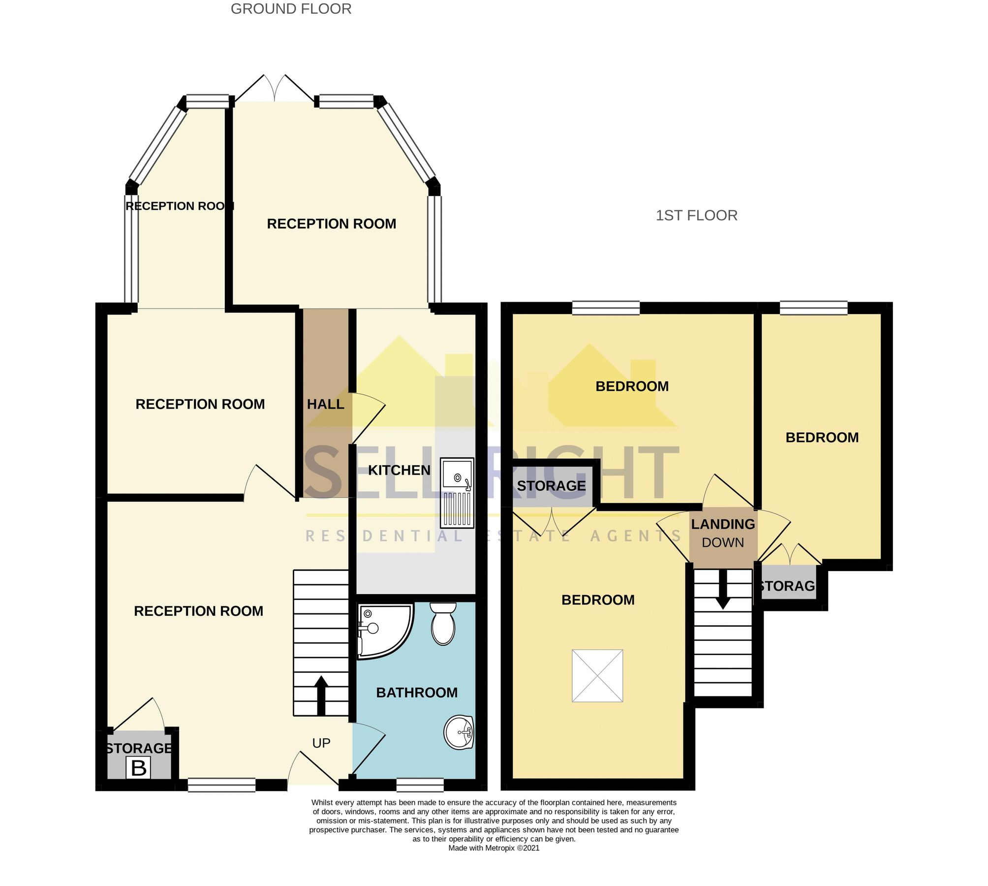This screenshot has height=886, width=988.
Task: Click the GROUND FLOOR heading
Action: tap(291, 9)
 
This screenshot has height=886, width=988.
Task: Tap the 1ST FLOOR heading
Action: tap(696, 215)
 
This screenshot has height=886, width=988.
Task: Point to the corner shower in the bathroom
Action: tap(381, 630)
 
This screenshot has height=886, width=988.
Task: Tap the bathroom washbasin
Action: tap(459, 732)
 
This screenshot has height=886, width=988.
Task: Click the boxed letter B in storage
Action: tap(138, 768)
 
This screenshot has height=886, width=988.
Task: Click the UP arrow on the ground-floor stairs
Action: tap(321, 695)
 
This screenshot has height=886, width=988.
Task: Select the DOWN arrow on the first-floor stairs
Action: tap(722, 589)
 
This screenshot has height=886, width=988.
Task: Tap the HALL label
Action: tap(325, 404)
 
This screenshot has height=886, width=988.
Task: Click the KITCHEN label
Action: tap(399, 470)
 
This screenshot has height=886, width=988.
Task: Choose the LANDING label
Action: tap(723, 524)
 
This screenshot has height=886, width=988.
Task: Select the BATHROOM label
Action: tap(417, 693)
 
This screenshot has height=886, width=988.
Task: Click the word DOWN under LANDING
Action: tap(723, 542)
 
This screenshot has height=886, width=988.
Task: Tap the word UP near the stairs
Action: tap(321, 743)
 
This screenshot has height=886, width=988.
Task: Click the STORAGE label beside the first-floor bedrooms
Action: tap(551, 486)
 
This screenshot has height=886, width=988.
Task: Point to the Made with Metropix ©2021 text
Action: tap(494, 848)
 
